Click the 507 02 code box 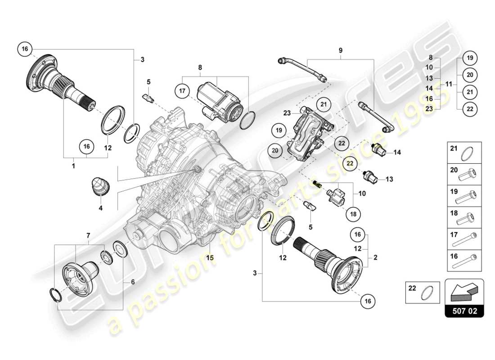(464, 310)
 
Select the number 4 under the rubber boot (100, 208)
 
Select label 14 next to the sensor (397, 153)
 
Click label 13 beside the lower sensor (389, 179)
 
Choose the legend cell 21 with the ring (464, 152)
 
